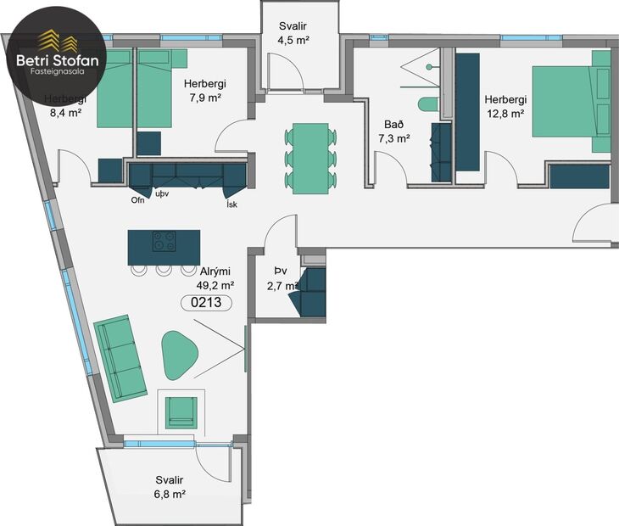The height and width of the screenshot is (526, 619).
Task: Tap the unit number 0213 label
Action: click(x=207, y=301)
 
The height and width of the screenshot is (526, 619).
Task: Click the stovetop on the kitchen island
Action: click(x=164, y=242)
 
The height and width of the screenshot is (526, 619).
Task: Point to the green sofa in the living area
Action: click(x=120, y=357)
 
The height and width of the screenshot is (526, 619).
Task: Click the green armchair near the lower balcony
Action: click(x=181, y=411)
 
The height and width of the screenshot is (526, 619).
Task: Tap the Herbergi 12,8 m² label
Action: click(x=504, y=105)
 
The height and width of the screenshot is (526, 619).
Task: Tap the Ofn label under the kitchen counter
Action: click(x=138, y=201)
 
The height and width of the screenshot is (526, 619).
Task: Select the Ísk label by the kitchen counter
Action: click(x=231, y=204)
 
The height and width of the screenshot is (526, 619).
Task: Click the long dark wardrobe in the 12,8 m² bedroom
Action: click(x=467, y=110)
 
